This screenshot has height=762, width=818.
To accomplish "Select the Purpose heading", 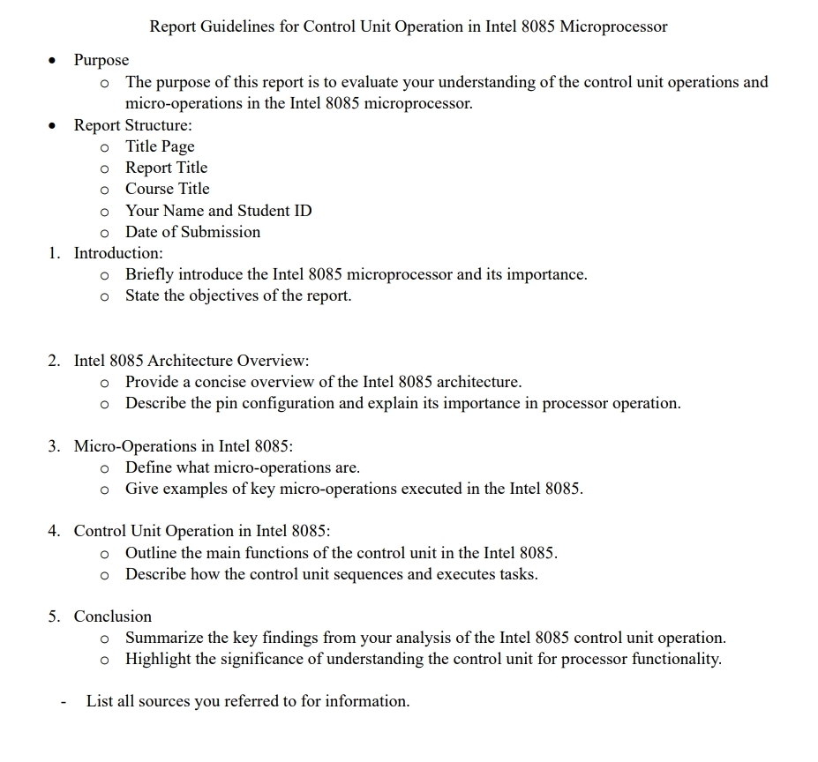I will coord(101,60).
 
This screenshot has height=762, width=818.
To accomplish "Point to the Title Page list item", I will coord(160,146).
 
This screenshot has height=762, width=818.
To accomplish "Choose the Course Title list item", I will coord(168,189).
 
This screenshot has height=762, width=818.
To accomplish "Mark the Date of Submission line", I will coord(192,232).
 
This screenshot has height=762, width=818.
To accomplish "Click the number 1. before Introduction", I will coord(55,253).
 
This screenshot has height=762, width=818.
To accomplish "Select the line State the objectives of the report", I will coord(238,295).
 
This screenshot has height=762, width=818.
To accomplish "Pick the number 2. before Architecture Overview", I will coord(55,361).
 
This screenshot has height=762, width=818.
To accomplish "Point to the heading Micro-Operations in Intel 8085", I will coord(184,446).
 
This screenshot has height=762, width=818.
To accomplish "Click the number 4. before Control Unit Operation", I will coord(55,531).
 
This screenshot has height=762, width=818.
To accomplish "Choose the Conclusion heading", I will coord(113,616).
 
